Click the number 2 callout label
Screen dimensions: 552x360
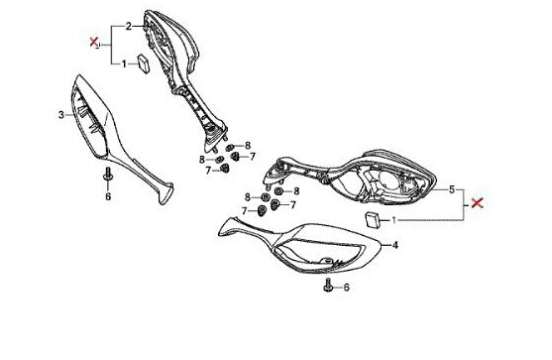[129, 26]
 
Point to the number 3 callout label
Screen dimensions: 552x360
[61, 115]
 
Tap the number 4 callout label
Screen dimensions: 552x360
[395, 245]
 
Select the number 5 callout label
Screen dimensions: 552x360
[452, 189]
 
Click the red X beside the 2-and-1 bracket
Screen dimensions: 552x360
[93, 42]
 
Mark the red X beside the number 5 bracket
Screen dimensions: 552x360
[477, 203]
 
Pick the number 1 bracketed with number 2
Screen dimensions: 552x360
[124, 64]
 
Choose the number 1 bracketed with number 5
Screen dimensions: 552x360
[394, 220]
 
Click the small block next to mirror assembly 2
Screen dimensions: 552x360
[144, 63]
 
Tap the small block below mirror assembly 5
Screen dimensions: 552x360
[374, 220]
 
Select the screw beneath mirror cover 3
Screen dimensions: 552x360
[108, 175]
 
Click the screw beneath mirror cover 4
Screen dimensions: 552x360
[328, 285]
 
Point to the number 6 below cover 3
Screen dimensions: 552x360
[108, 196]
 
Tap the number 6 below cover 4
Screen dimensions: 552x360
[347, 288]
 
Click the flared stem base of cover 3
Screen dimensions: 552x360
[166, 192]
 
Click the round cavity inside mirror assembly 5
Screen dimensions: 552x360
[389, 180]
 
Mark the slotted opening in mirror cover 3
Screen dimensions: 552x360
[89, 116]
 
